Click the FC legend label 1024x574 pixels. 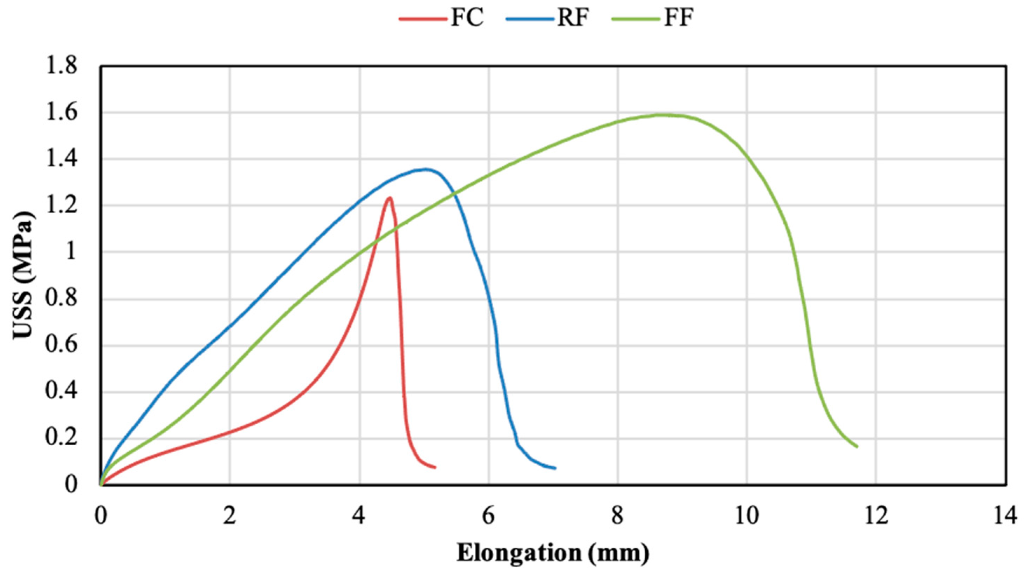(x=467, y=18)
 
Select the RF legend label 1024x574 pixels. (x=573, y=18)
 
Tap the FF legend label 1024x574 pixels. (x=679, y=18)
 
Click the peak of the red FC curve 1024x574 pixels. (x=389, y=198)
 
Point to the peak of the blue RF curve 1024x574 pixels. (x=426, y=169)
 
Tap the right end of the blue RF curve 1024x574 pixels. (x=555, y=468)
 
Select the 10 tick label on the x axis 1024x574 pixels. (x=747, y=517)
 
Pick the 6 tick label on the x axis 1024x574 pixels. (x=489, y=517)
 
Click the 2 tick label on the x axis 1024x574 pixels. (x=230, y=517)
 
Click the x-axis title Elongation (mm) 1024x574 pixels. (x=552, y=553)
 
